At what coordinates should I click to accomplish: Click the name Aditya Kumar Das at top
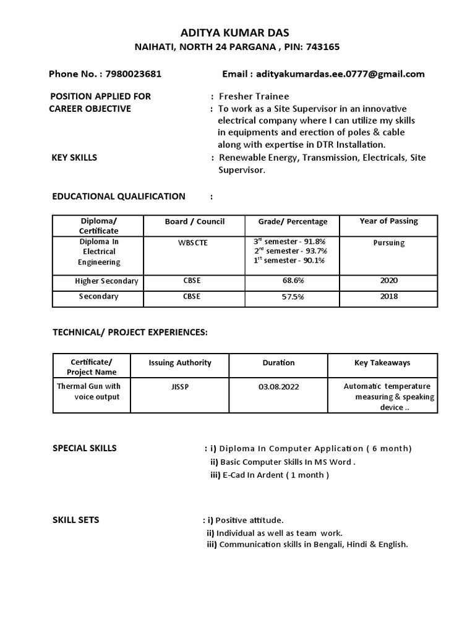point(237,33)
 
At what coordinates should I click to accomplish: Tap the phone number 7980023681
point(134,74)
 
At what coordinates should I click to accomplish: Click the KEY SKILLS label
point(74,158)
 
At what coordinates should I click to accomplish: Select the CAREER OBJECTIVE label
point(90,109)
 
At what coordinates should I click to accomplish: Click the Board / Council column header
point(195,221)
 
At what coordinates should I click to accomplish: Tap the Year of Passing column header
point(388,221)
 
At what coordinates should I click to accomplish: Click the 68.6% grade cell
point(290,281)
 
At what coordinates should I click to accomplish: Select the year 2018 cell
point(388,296)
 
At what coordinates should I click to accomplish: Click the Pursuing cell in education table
point(388,243)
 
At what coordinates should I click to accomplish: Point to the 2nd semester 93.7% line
point(290,251)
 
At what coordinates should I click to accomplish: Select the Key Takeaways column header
point(382,363)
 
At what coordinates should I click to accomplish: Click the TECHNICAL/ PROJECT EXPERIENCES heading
point(130,333)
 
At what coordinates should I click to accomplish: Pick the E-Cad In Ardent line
point(270,475)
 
